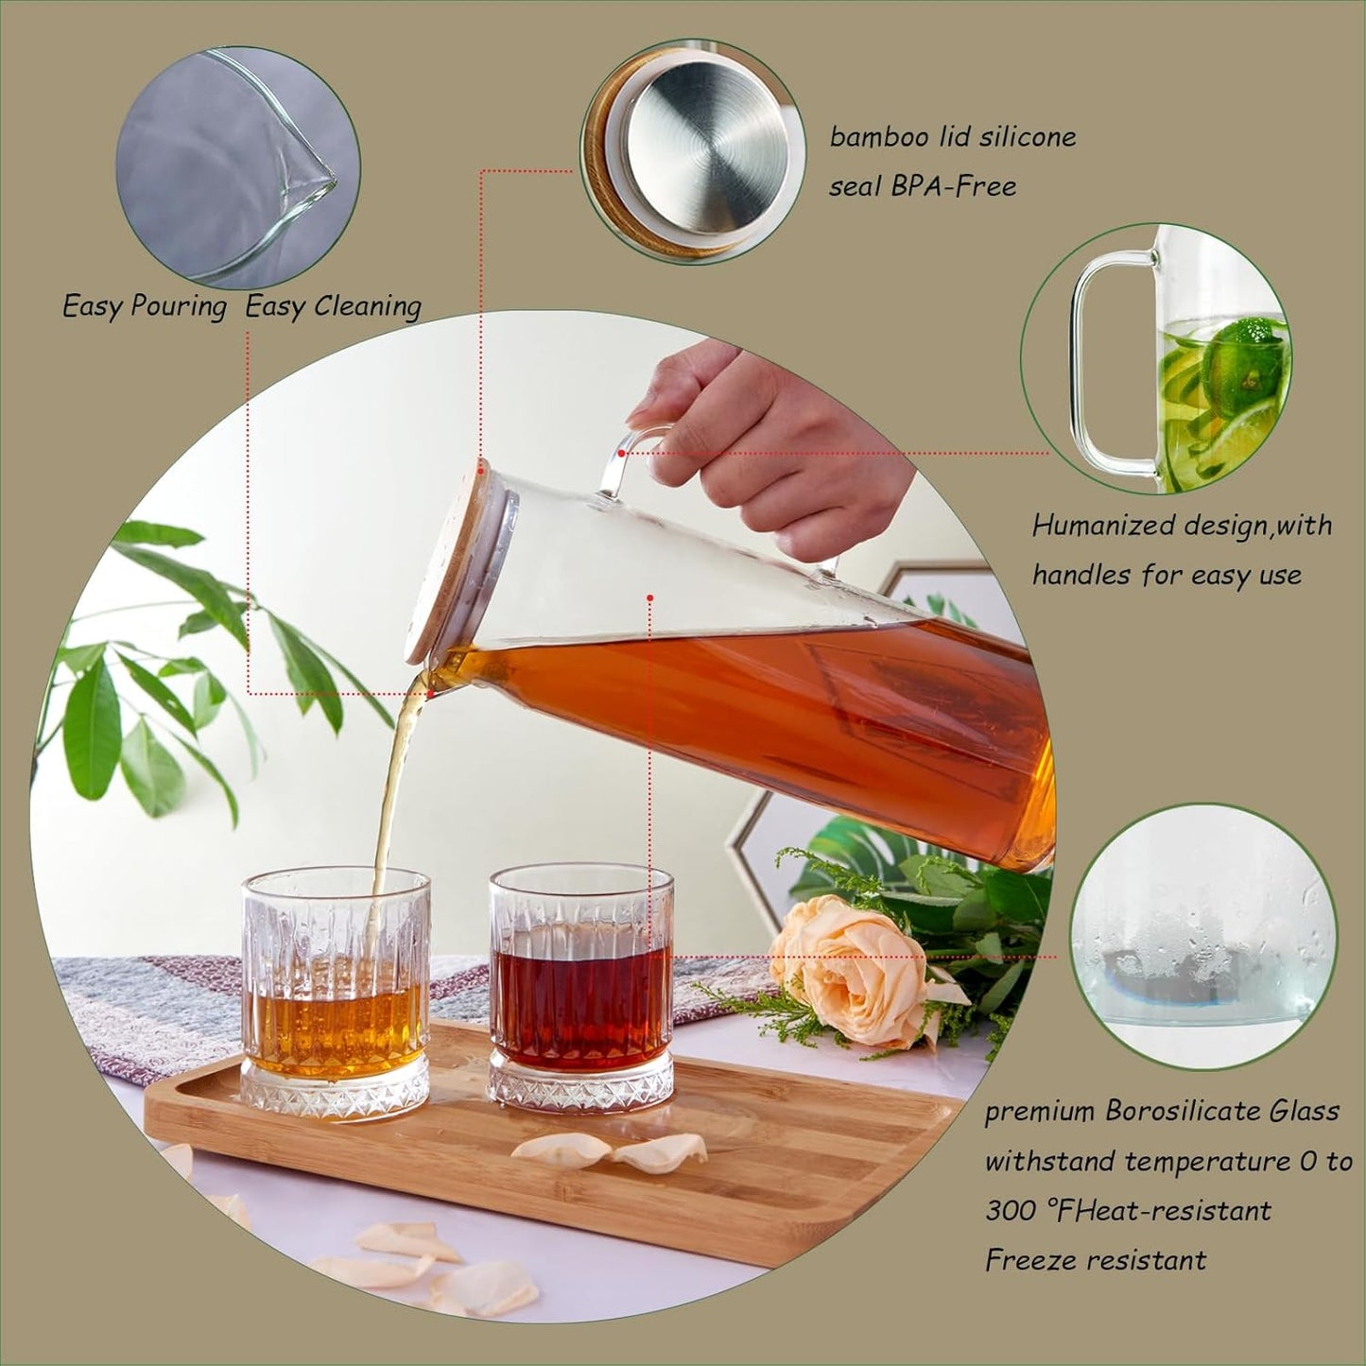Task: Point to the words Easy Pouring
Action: tap(145, 306)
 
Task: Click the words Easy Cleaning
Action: tap(333, 306)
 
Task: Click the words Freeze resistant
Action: tap(1095, 1260)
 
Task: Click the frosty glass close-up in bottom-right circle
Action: tap(1202, 936)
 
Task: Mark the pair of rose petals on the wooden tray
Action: tap(610, 1150)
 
